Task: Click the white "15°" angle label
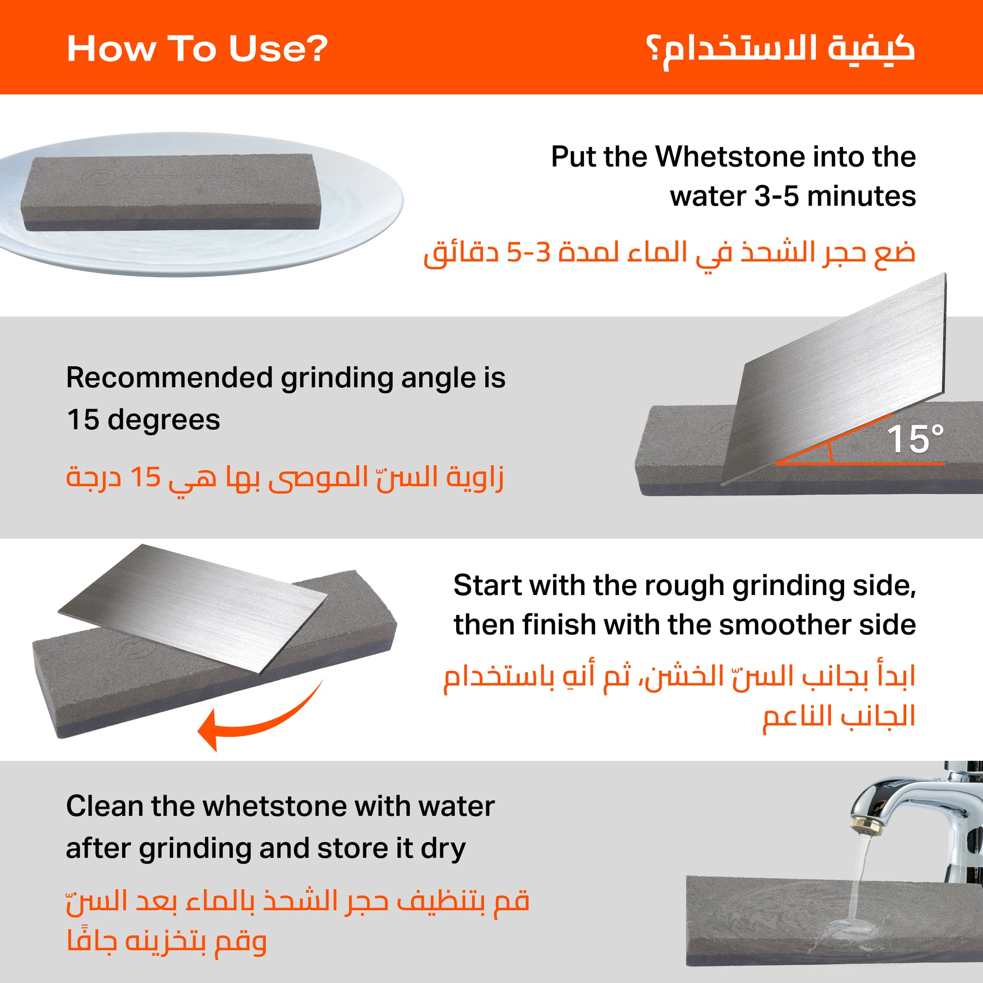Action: [915, 438]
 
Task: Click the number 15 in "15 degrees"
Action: [82, 420]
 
